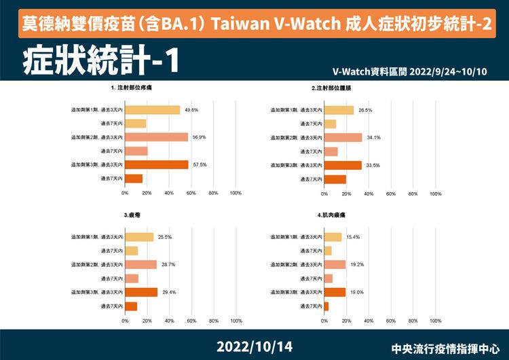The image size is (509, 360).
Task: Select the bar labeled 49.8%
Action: click(x=153, y=110)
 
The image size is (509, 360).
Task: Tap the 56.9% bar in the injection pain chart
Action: click(x=156, y=137)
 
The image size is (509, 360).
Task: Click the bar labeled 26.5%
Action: click(x=339, y=110)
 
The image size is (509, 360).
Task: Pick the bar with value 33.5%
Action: click(x=343, y=164)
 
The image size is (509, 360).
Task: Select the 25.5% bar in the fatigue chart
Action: click(x=139, y=237)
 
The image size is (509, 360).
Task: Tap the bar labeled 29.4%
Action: click(x=141, y=292)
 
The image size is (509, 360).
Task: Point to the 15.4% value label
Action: click(x=353, y=237)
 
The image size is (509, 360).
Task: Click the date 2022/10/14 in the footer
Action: click(x=254, y=346)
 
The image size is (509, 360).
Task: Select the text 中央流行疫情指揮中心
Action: click(x=449, y=347)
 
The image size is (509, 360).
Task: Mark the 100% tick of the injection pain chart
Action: click(x=235, y=193)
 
